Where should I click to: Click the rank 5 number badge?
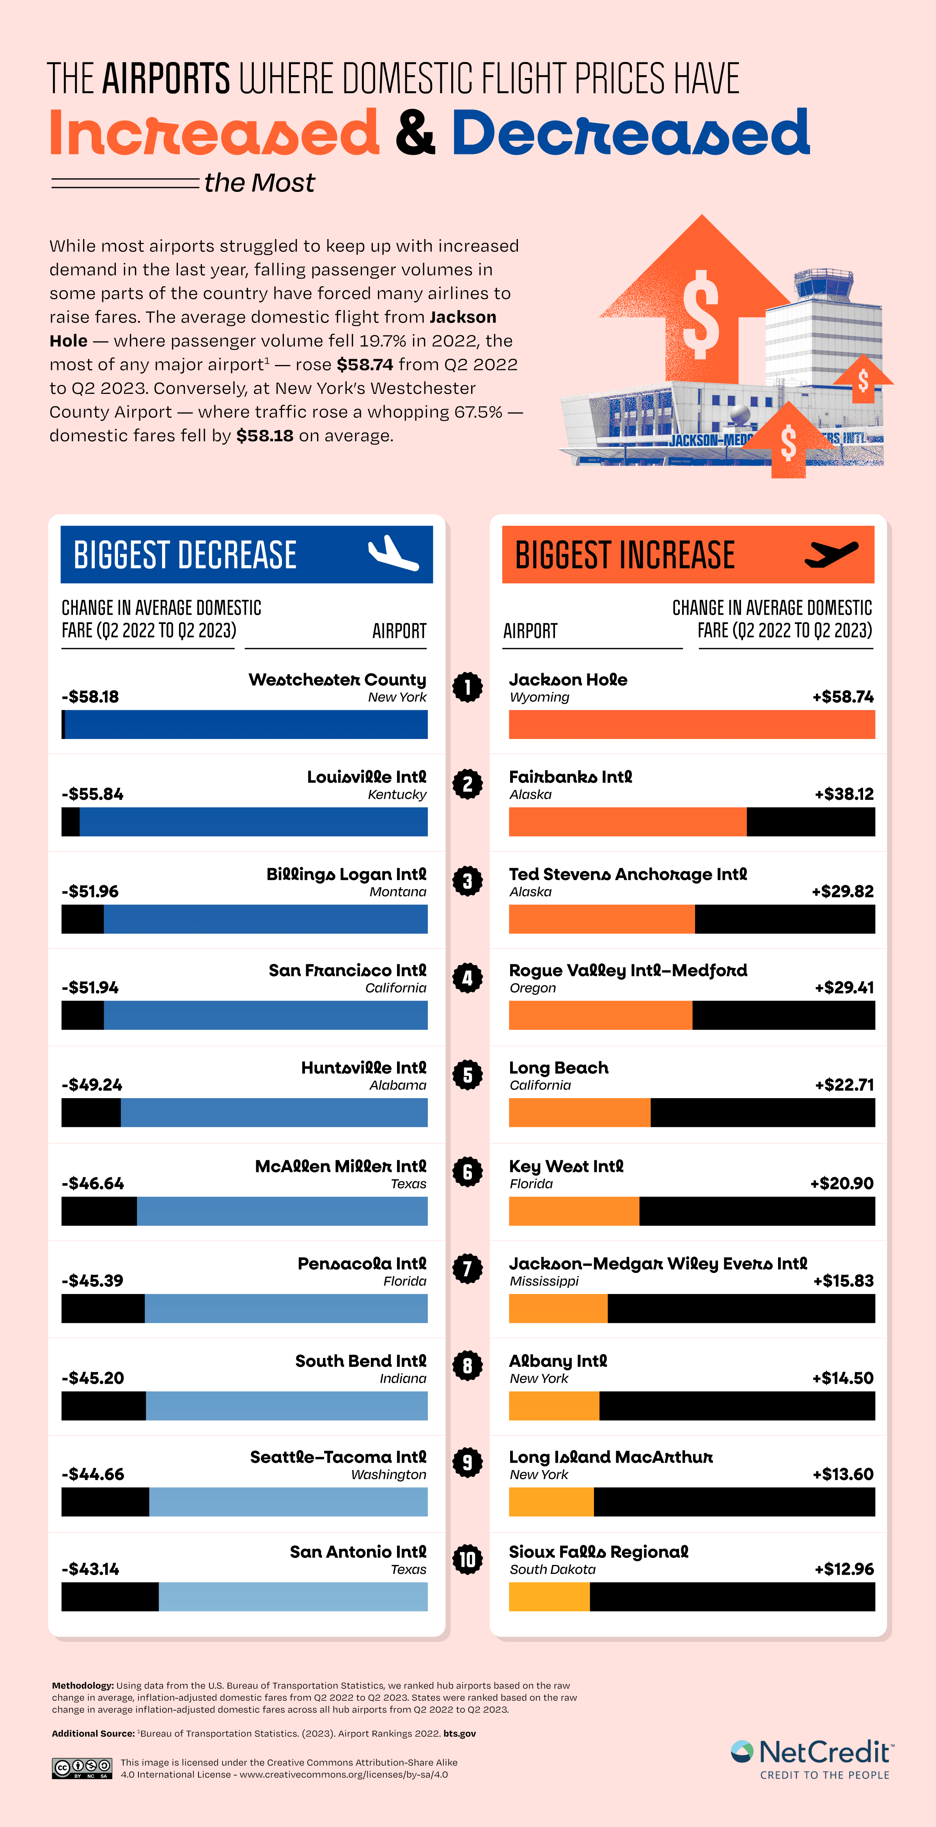point(467,1075)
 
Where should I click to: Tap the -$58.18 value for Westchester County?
point(90,696)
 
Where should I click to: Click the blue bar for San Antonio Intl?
point(293,1597)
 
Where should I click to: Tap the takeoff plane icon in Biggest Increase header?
point(831,553)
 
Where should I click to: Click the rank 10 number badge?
point(467,1559)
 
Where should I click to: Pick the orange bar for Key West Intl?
point(574,1211)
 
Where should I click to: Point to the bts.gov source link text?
point(459,1733)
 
